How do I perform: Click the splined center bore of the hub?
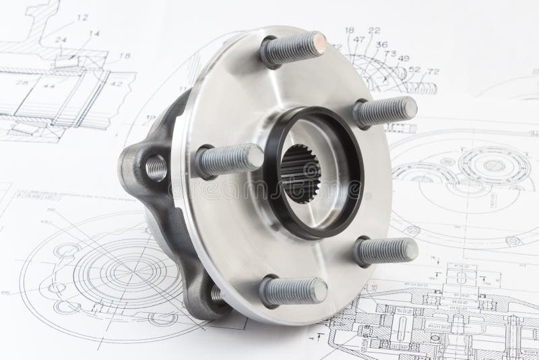pos(300,173)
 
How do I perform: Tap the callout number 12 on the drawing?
pos(82,17)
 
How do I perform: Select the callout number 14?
pos(94,33)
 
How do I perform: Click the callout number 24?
pos(61,40)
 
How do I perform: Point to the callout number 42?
pos(117,84)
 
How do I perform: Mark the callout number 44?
pos(49,86)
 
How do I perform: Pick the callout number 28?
pos(22,83)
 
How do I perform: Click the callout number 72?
pos(433,71)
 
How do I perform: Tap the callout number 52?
pos(414,69)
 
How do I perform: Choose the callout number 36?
pos(381,44)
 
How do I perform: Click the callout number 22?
pos(374,30)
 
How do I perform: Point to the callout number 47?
pos(358,40)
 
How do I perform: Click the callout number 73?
pos(389,53)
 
